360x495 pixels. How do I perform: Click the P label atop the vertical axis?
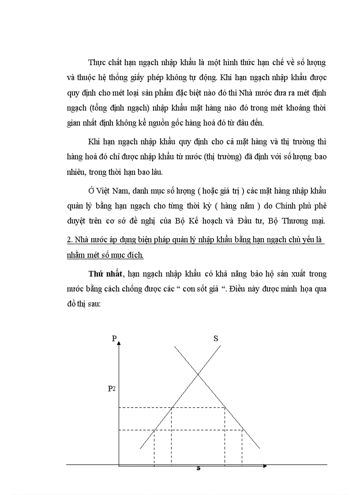114,338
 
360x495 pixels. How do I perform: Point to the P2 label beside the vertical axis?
112,389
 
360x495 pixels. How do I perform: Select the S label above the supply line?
216,339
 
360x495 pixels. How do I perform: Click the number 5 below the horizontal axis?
199,468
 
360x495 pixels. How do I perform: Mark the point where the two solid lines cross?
199,374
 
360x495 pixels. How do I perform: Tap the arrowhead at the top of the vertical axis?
119,342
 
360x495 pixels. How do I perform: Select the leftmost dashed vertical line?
154,447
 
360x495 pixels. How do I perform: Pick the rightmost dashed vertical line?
242,447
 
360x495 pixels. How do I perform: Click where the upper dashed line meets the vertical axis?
119,407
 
